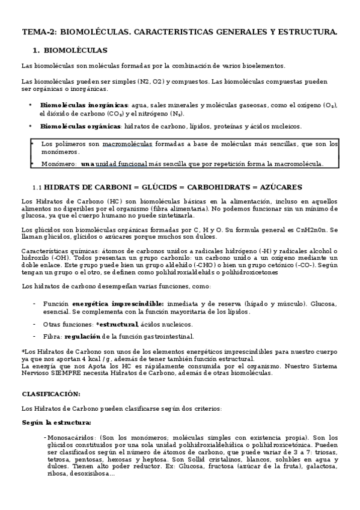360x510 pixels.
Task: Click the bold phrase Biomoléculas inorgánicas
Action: [84, 105]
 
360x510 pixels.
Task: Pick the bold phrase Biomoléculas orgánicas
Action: [80, 126]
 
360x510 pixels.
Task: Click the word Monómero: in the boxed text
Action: [59, 164]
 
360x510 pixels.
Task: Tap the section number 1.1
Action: [37, 188]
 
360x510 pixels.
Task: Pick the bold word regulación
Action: [82, 336]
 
